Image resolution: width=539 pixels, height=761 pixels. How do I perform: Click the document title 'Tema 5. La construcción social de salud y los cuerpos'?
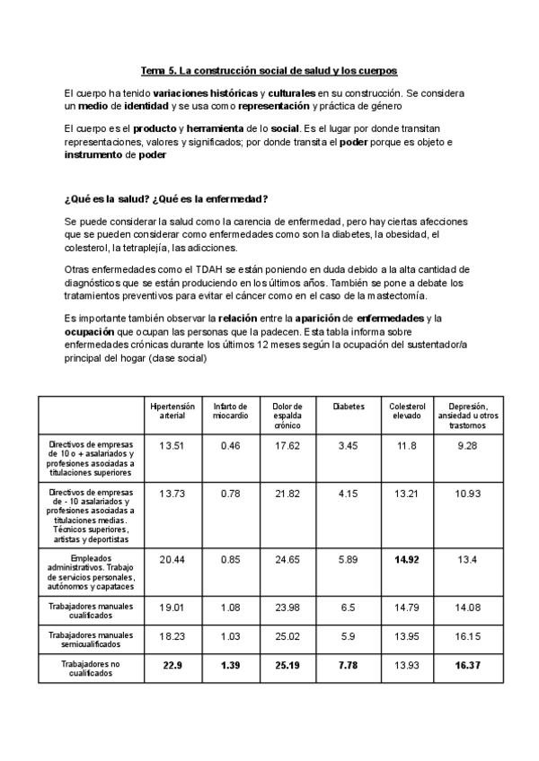[269, 70]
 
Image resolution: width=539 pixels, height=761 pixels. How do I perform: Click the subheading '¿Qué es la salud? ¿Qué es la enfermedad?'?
[166, 198]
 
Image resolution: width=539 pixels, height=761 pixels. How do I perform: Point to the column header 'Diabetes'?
[349, 407]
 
